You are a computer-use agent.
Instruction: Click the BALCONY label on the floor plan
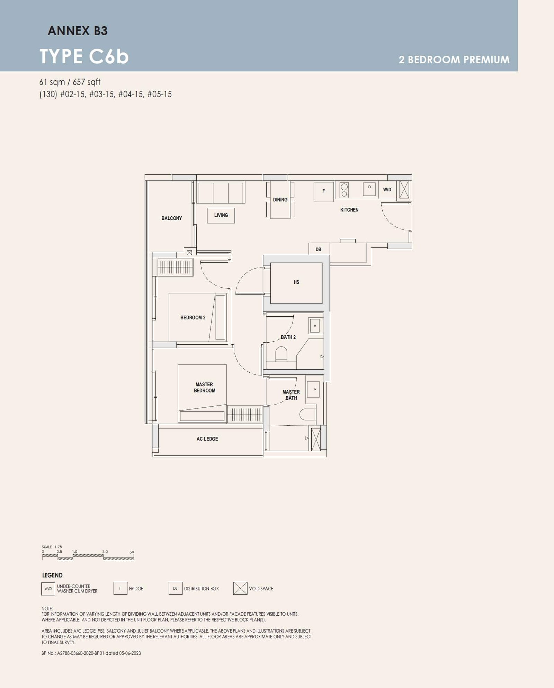[171, 218]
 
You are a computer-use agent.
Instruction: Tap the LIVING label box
[221, 215]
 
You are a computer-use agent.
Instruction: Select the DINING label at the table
[280, 200]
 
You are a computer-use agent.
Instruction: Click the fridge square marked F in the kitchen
[324, 191]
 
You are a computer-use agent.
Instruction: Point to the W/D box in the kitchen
[387, 190]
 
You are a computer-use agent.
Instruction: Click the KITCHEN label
[349, 210]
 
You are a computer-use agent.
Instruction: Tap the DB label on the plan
[318, 249]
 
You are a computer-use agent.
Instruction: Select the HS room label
[296, 282]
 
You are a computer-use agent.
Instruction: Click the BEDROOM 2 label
[193, 318]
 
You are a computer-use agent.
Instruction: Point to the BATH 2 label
[288, 337]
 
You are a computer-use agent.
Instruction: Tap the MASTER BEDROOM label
[204, 388]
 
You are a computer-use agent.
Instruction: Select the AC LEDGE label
[207, 439]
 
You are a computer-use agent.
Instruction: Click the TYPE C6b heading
[84, 56]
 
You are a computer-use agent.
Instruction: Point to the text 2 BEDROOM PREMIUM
[454, 60]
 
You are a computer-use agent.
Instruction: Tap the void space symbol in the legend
[240, 588]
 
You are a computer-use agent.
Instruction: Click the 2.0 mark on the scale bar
[105, 552]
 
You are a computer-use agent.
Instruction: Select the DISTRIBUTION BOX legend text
[201, 589]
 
